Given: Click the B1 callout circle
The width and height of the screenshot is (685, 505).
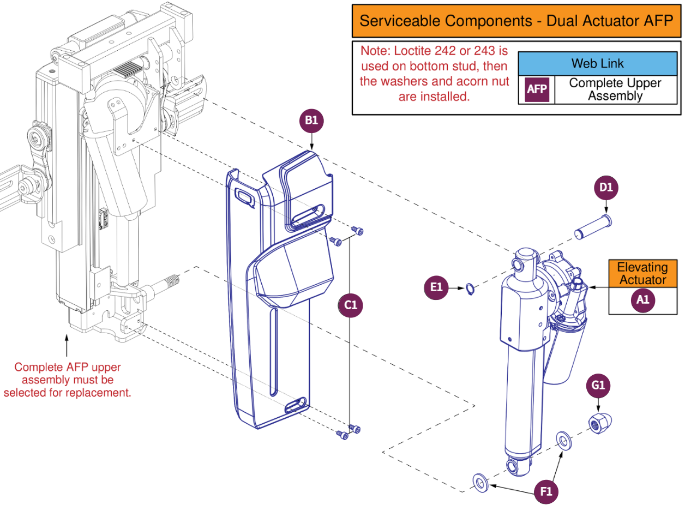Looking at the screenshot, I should [311, 121].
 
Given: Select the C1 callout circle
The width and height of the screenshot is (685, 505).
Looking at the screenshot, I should [350, 305].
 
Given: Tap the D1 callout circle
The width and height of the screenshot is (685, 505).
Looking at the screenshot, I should [606, 187].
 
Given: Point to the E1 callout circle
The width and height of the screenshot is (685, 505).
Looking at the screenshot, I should [437, 287].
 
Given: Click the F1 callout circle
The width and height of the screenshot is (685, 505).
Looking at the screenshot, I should [546, 491].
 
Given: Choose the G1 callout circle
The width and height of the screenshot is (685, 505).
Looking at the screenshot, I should [598, 385].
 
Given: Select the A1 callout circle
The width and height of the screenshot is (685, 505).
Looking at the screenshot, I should [642, 300].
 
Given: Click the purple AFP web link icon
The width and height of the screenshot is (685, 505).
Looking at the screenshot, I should [536, 89].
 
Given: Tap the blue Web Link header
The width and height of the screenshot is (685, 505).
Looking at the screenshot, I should [597, 63].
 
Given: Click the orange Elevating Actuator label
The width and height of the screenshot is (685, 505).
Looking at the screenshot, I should [642, 274].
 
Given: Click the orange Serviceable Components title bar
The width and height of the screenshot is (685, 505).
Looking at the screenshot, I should [516, 21].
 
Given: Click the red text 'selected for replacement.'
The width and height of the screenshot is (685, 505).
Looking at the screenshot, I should [67, 392].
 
